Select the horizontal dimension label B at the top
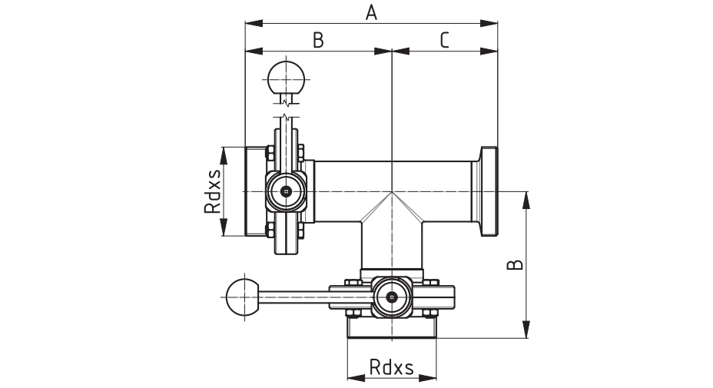coord(318,40)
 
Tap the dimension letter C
coord(444,40)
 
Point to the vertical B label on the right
coord(515,265)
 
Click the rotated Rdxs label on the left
coord(212,191)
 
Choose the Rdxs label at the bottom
coord(391,366)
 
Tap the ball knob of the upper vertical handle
coord(286,78)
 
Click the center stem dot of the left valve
coord(286,191)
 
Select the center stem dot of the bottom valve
coord(392,297)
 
